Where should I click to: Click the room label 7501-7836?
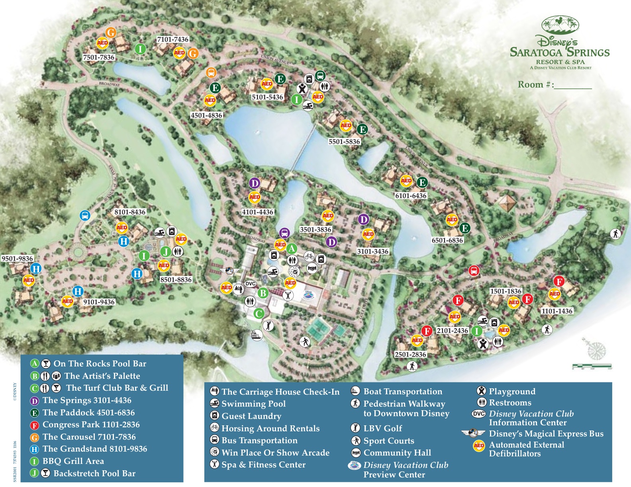tap(99, 57)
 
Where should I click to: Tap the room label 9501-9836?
tap(17, 259)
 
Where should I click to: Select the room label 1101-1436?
tap(557, 311)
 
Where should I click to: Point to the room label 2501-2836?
tap(410, 355)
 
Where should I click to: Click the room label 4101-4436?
tap(258, 212)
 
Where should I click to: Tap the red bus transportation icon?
tap(474, 271)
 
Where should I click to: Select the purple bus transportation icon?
tap(284, 233)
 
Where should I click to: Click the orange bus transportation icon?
tap(211, 72)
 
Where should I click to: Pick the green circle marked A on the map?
tap(292, 249)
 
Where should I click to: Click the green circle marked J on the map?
tap(165, 251)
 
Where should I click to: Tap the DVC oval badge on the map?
tap(250, 284)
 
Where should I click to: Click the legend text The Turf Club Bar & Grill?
tap(117, 388)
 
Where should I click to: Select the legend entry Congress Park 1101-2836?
tap(91, 425)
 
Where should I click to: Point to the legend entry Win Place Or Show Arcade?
tap(275, 453)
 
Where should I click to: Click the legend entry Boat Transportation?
tap(402, 392)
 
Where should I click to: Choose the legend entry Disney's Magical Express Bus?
tap(546, 434)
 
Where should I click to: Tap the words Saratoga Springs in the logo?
tap(560, 53)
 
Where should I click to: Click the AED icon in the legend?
tap(479, 446)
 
